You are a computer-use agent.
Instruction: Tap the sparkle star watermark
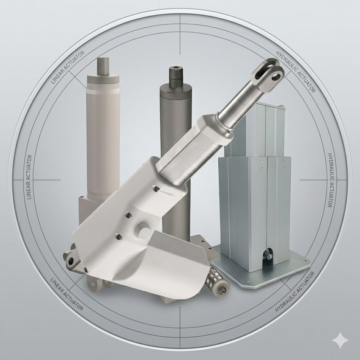(x=340, y=340)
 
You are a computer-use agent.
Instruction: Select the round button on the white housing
(x=144, y=230)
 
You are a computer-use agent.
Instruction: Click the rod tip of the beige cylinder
(x=103, y=66)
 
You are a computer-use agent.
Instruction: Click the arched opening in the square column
(x=267, y=255)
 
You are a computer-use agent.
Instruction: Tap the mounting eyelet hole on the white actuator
(x=70, y=260)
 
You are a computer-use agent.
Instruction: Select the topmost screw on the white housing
(x=157, y=189)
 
